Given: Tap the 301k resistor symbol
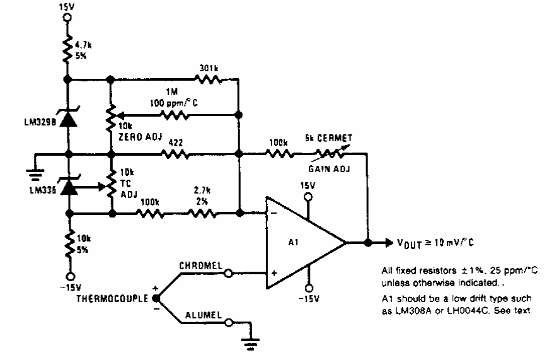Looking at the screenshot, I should point(206,79).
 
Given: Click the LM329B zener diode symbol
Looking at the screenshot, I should point(68,118).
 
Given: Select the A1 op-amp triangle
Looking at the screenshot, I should point(302,242).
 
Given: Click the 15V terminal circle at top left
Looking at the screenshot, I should point(68,19).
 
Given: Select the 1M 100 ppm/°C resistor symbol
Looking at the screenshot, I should point(174,115).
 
